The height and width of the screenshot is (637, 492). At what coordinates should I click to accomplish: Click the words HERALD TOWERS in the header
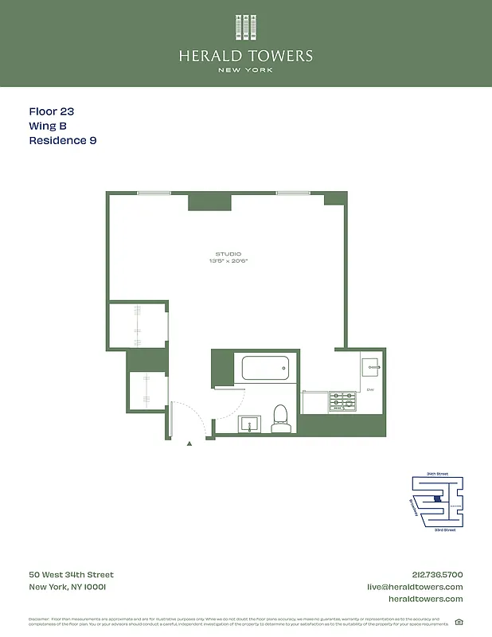point(245,56)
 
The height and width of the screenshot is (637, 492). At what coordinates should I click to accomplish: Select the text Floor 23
point(51,112)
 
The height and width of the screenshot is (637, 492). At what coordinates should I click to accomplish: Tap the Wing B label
point(48,126)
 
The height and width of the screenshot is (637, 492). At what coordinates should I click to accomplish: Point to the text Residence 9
point(63,140)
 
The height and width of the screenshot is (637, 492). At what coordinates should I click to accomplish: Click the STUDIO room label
point(228,254)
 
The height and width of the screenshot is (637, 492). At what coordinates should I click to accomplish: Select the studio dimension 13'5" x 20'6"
point(228,260)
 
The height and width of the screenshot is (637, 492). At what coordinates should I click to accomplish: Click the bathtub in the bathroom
point(265,369)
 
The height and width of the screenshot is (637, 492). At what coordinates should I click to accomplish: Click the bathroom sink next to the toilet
point(251,423)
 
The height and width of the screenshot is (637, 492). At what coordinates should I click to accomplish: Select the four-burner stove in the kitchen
point(343,401)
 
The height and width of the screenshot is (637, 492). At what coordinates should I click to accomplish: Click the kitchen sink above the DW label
point(371,367)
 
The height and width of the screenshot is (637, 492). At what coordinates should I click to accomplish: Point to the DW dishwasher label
point(371,390)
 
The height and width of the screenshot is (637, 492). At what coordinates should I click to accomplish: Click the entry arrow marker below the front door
point(189,444)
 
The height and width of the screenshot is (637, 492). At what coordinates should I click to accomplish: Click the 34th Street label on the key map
point(437,474)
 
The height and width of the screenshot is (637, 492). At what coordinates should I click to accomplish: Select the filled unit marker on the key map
point(436,499)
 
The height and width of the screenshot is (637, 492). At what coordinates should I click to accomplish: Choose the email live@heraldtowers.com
point(415,587)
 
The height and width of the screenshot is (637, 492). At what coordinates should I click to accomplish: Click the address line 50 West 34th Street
point(72,575)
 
